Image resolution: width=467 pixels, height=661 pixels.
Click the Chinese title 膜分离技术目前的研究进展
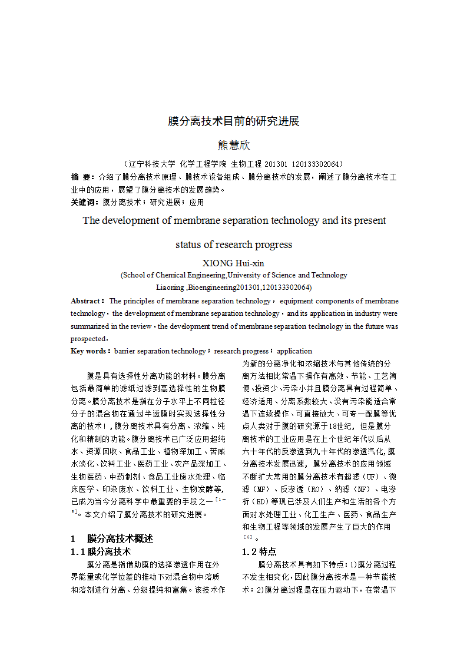tap(234, 121)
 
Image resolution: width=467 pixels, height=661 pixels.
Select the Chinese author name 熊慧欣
tap(234, 146)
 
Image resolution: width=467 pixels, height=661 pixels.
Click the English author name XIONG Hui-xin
tap(234, 263)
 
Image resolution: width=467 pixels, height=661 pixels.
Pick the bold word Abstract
tap(87, 301)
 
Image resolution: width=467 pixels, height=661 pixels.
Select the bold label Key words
tap(90, 351)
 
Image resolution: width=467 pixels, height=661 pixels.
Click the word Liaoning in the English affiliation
tap(170, 287)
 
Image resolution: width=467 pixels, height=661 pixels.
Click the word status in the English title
tap(188, 244)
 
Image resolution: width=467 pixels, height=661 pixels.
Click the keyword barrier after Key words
tap(125, 351)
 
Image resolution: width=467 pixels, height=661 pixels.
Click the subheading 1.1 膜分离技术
tap(101, 552)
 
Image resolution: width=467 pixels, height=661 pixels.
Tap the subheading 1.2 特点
tap(259, 552)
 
